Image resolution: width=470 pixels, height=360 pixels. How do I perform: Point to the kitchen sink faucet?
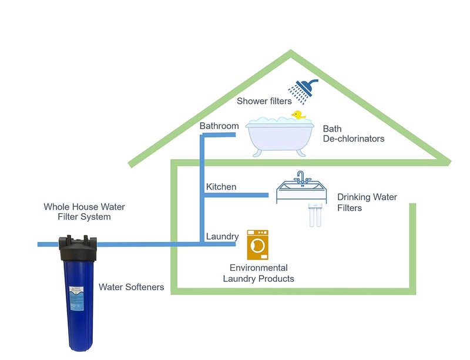301,177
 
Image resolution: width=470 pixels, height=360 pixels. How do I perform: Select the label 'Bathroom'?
219,126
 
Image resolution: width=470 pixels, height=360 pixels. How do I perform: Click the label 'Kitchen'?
221,187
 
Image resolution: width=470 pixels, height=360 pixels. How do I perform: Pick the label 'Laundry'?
222,237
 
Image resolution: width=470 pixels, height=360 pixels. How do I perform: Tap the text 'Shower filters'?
264,101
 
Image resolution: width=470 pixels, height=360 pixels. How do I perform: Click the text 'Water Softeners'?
131,287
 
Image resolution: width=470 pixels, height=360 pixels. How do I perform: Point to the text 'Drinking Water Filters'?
367,203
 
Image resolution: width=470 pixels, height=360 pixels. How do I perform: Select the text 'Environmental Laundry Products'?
258,273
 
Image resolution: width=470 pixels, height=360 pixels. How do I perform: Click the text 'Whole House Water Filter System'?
84,212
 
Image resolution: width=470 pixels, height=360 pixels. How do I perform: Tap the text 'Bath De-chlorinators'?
354,134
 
